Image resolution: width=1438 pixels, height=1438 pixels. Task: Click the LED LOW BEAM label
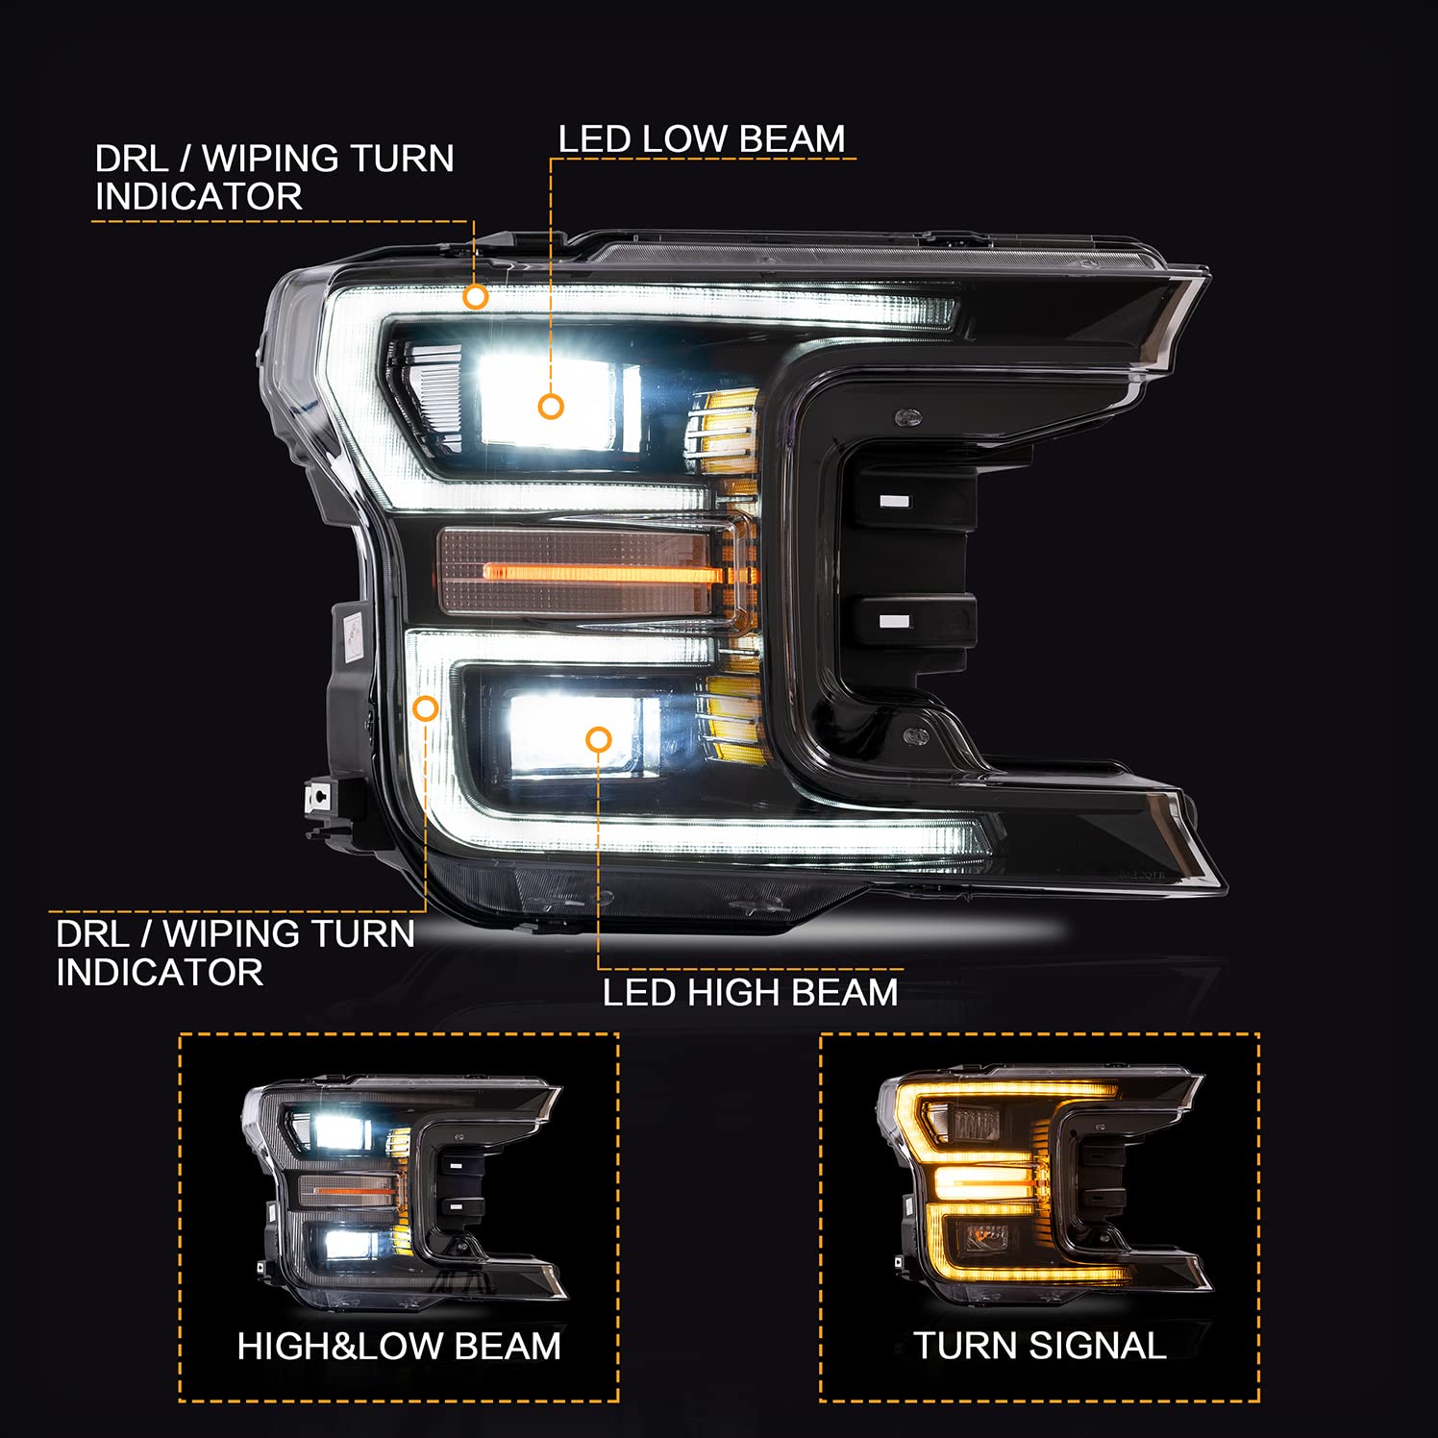tap(702, 138)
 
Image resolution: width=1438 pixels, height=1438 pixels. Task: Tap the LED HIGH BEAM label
tap(750, 992)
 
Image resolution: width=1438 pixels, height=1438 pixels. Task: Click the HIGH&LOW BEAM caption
tap(399, 1346)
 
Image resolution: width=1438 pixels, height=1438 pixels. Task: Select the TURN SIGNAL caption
tap(1040, 1346)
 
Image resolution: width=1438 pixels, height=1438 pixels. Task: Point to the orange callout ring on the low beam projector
tap(551, 407)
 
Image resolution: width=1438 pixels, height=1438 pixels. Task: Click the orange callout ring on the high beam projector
tap(599, 739)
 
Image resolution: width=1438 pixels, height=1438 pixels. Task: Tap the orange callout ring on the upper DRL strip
tap(475, 297)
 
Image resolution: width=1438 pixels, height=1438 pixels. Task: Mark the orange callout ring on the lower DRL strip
tap(425, 709)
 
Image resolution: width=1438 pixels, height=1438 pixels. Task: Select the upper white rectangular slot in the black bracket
tap(894, 502)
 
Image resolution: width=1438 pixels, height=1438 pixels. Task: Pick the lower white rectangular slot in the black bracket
tap(894, 621)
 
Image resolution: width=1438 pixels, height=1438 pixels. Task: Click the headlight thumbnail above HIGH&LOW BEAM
tap(404, 1191)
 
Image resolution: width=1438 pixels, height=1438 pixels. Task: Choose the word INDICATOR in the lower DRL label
tap(160, 972)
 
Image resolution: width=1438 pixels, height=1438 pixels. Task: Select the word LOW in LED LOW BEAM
tap(686, 138)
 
